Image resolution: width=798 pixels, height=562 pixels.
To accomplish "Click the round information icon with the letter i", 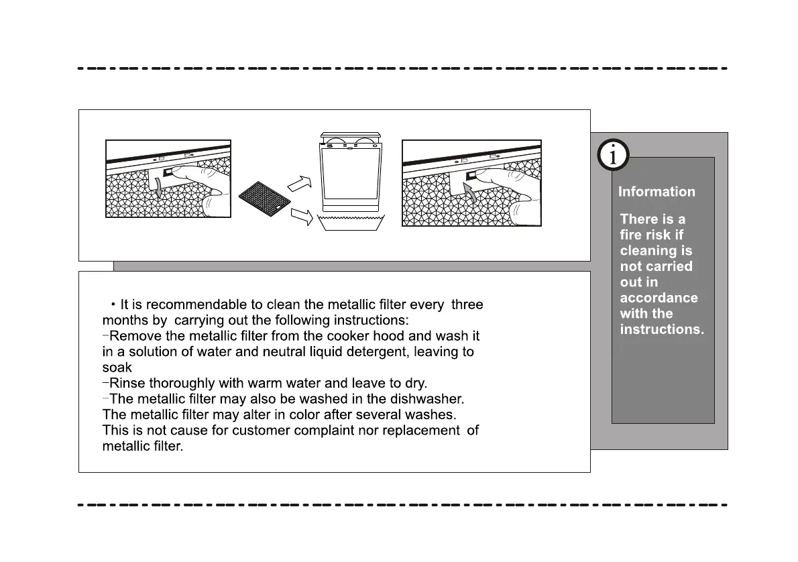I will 612,156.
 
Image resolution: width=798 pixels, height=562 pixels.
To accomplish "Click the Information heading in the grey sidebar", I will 657,192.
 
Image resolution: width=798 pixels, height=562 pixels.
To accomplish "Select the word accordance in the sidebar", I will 659,298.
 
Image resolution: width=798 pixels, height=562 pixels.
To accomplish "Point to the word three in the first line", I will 467,304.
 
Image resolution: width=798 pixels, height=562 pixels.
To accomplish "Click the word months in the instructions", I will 125,320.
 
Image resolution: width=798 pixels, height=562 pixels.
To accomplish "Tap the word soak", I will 117,368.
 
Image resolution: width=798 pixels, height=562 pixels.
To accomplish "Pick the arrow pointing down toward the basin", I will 303,217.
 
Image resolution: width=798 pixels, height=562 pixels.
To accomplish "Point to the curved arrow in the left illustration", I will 158,188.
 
